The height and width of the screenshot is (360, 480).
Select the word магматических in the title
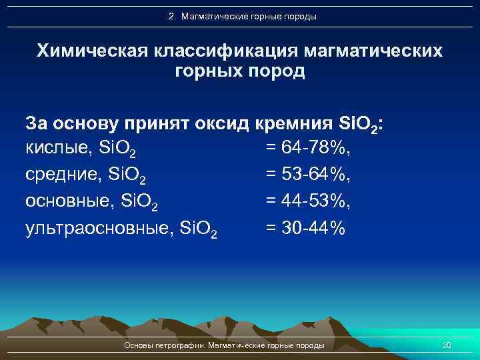click(374, 51)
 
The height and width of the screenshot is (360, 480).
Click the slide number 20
click(447, 345)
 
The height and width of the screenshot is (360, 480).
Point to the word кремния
click(293, 123)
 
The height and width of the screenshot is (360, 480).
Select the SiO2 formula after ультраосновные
click(198, 229)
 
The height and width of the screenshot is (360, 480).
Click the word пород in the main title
click(274, 71)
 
